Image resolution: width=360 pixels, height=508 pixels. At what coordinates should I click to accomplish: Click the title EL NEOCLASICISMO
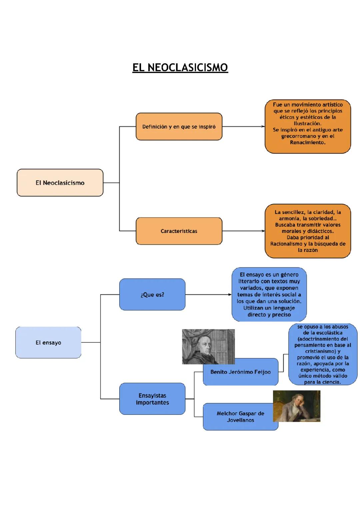click(180, 68)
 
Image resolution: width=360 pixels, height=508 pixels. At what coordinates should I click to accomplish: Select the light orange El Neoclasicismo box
click(60, 183)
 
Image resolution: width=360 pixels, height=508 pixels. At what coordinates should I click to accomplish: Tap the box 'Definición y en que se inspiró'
click(179, 127)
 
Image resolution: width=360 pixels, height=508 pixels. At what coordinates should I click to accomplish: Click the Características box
click(179, 231)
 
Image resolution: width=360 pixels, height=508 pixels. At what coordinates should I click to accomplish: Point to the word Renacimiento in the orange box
click(307, 143)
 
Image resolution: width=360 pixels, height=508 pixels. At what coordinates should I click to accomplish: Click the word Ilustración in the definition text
click(307, 124)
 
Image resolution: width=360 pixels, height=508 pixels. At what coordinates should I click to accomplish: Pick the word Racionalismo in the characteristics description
click(286, 244)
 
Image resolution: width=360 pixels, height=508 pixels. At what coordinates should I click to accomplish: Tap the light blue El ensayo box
click(48, 342)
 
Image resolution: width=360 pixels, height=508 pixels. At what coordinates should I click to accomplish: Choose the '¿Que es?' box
click(152, 294)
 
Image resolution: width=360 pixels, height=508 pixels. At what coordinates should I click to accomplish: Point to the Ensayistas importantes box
click(152, 399)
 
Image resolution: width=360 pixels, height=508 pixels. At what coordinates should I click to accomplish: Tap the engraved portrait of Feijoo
click(208, 346)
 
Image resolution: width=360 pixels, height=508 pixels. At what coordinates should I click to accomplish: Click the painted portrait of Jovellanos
click(296, 406)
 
